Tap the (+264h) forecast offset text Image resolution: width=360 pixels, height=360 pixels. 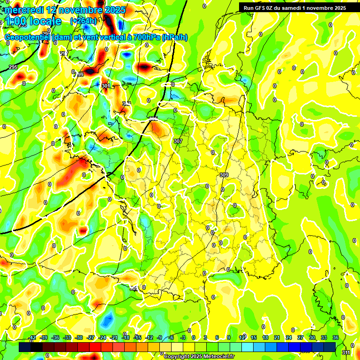83,21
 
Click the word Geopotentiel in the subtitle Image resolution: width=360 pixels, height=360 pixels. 28,37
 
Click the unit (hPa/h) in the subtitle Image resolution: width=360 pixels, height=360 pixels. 174,37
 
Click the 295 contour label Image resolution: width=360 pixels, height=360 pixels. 13,67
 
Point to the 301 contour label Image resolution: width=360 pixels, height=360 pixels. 106,86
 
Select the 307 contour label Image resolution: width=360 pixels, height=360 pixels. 178,141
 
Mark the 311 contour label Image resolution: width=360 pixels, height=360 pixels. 346,352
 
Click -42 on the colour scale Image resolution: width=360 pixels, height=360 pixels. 32,337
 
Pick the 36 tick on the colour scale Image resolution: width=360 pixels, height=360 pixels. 336,337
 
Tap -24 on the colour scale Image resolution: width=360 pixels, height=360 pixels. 102,337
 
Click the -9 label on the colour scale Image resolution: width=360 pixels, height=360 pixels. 159,337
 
